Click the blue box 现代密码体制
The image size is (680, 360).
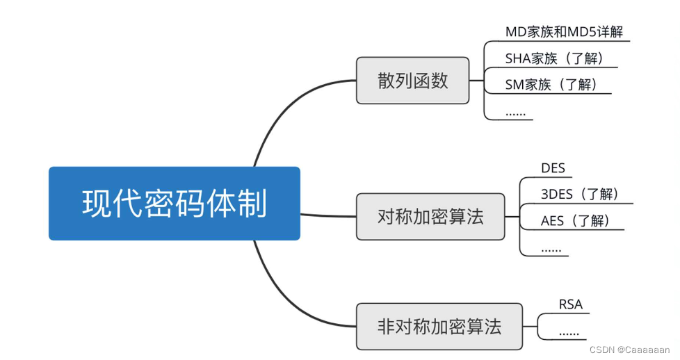coord(175,204)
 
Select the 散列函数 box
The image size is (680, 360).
coord(412,81)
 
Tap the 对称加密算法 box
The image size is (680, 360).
coord(430,217)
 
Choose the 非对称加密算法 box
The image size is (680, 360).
coord(439,327)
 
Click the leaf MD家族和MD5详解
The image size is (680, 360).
coord(564,32)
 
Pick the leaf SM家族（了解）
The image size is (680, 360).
coord(551,85)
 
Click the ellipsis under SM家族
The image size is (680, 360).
coord(515,115)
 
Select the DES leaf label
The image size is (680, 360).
coord(553,168)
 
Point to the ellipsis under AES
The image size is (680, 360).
coord(551,251)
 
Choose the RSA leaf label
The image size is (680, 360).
coord(571,304)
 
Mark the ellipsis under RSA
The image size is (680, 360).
coord(569,334)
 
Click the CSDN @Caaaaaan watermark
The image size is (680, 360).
coord(629,350)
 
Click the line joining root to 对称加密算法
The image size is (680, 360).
coord(328,215)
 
